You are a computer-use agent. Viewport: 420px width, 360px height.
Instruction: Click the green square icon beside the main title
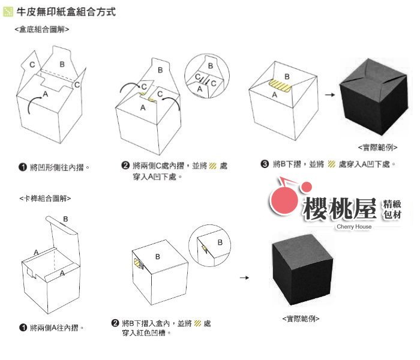tap(8, 12)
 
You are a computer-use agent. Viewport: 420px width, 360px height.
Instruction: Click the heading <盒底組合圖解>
tap(42, 29)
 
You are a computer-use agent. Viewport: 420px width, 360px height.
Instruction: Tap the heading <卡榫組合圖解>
tap(45, 198)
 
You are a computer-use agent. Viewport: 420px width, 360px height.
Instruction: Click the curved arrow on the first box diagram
tap(34, 104)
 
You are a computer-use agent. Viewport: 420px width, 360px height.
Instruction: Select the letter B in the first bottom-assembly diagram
tap(62, 64)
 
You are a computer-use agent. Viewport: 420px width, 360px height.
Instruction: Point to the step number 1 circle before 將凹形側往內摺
tap(23, 167)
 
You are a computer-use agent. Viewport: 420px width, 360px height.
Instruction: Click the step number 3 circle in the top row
tap(265, 164)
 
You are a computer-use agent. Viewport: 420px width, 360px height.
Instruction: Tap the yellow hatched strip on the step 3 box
tap(280, 86)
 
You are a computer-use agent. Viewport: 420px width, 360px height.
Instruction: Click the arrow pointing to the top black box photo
tap(330, 95)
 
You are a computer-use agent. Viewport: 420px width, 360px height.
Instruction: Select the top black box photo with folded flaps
tap(374, 97)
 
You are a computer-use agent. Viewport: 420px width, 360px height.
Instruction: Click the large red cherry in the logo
tap(284, 200)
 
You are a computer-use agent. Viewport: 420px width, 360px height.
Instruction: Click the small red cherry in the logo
tap(306, 187)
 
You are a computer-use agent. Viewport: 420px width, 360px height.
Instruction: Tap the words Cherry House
tap(354, 226)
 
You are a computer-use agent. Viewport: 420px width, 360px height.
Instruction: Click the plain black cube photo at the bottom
tap(302, 269)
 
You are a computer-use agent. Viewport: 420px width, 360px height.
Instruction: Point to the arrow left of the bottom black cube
tap(244, 277)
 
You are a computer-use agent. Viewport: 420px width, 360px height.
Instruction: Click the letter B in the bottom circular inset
tap(220, 242)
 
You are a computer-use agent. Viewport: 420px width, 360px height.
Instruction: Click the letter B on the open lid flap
tap(65, 219)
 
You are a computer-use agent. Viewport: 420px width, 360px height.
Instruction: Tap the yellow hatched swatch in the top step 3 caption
tap(331, 164)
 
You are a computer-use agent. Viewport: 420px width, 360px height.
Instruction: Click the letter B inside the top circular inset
tap(211, 65)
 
